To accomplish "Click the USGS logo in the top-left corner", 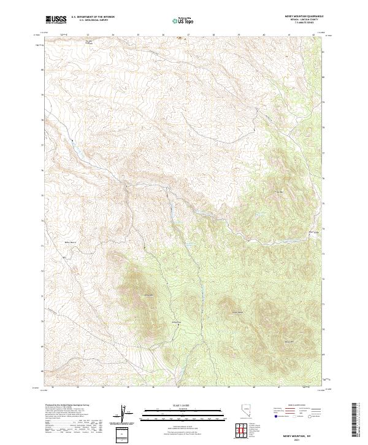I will (x=56, y=20).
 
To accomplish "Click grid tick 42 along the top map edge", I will (x=313, y=36).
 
